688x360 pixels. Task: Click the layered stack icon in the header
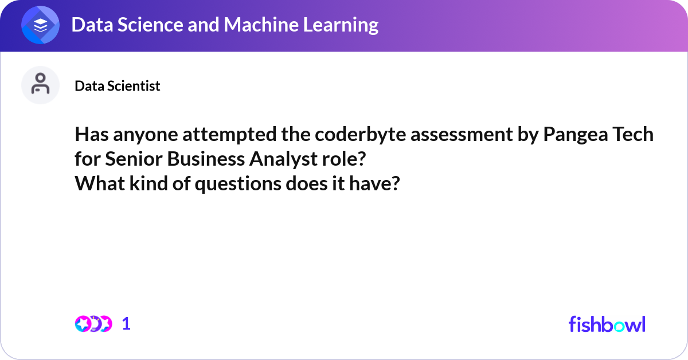pyautogui.click(x=40, y=25)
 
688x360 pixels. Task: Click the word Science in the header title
pyautogui.click(x=150, y=25)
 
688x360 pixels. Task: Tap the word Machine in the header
pyautogui.click(x=261, y=25)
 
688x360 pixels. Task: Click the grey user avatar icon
pyautogui.click(x=40, y=85)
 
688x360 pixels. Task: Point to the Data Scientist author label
pyautogui.click(x=118, y=86)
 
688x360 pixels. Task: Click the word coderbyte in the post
pyautogui.click(x=360, y=135)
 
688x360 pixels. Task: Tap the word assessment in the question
pyautogui.click(x=462, y=135)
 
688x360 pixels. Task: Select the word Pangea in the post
pyautogui.click(x=575, y=135)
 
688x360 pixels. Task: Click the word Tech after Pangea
pyautogui.click(x=633, y=134)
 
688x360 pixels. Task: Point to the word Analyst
pyautogui.click(x=283, y=160)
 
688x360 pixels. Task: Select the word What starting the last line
pyautogui.click(x=100, y=183)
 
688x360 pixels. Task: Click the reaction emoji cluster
pyautogui.click(x=93, y=324)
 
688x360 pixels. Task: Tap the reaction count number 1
pyautogui.click(x=126, y=324)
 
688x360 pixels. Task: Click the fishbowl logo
pyautogui.click(x=607, y=324)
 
